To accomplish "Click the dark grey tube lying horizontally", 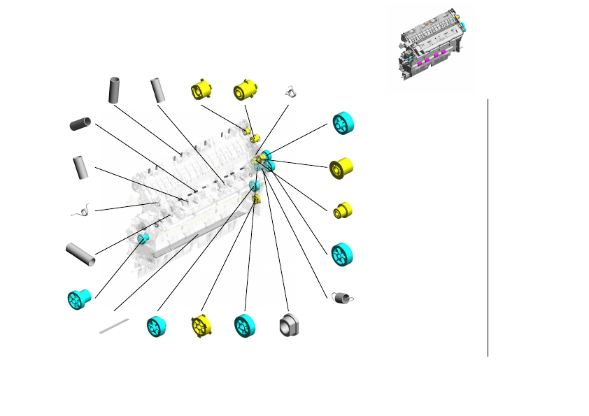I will click(x=80, y=124).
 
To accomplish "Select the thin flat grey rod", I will click(x=114, y=327).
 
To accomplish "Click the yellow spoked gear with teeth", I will click(x=201, y=326).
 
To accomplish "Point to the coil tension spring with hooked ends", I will click(x=343, y=298).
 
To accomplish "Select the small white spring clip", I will click(x=291, y=92).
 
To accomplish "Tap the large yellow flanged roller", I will click(x=341, y=168).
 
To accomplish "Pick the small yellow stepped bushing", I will click(x=341, y=210).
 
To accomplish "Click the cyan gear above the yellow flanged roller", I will click(x=343, y=123).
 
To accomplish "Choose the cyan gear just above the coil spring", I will click(x=342, y=254).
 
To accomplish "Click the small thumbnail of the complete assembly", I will click(x=431, y=48).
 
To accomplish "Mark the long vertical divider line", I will click(x=488, y=227).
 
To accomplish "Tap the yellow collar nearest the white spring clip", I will click(x=245, y=89).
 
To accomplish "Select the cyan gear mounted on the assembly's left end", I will click(x=143, y=239).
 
